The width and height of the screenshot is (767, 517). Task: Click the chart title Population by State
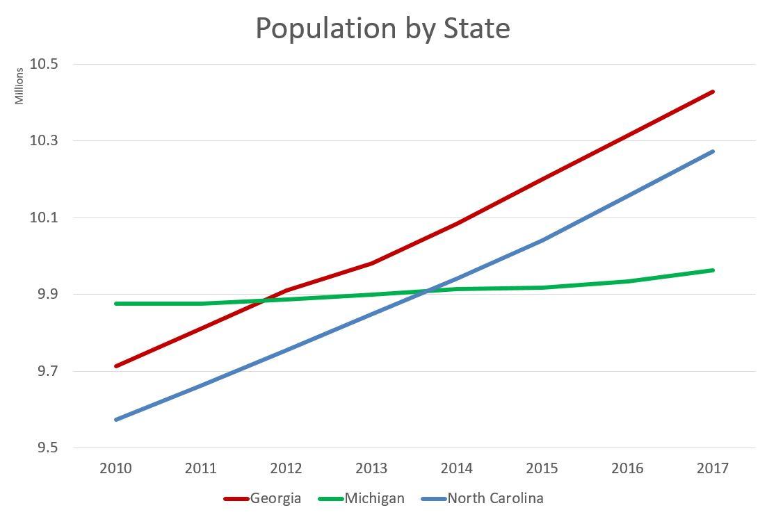click(382, 28)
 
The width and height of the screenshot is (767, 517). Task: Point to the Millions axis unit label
click(19, 86)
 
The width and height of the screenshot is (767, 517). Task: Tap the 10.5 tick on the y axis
click(45, 64)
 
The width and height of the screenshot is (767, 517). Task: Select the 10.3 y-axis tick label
click(45, 141)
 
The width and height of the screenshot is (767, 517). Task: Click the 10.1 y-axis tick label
click(45, 218)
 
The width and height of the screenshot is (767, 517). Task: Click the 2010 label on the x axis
click(115, 468)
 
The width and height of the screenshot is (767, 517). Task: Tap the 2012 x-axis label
click(286, 468)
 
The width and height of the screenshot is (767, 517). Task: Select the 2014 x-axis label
click(456, 468)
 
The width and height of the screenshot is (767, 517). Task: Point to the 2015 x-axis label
click(542, 468)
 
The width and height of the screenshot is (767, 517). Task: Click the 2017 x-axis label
click(712, 468)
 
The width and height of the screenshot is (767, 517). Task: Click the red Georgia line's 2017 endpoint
click(713, 92)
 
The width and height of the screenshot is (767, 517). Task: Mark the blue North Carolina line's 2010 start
click(116, 420)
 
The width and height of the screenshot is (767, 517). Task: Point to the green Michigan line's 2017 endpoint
click(713, 270)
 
